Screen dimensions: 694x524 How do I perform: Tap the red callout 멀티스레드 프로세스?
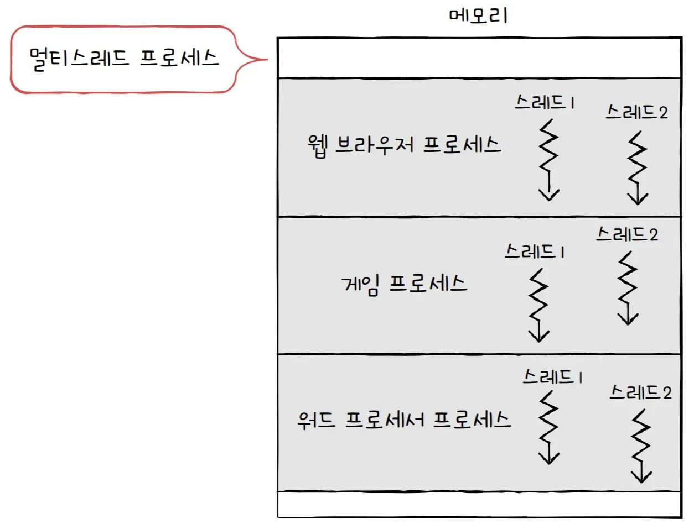point(124,58)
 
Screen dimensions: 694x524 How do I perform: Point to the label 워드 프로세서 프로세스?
point(403,421)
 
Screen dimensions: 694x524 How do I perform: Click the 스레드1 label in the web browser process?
point(542,102)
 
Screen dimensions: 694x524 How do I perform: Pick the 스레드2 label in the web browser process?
point(636,112)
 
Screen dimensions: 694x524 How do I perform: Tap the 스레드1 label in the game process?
point(534,252)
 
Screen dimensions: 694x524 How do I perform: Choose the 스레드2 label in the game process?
point(627,234)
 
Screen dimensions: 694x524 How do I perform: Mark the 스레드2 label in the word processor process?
point(641,393)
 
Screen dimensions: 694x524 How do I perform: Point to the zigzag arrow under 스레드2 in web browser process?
point(638,168)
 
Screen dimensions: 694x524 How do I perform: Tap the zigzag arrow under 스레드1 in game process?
point(538,305)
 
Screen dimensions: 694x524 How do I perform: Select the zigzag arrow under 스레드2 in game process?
point(628,288)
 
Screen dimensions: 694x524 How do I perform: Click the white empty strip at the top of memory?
point(478,57)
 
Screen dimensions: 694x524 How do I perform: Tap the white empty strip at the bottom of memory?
point(478,504)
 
